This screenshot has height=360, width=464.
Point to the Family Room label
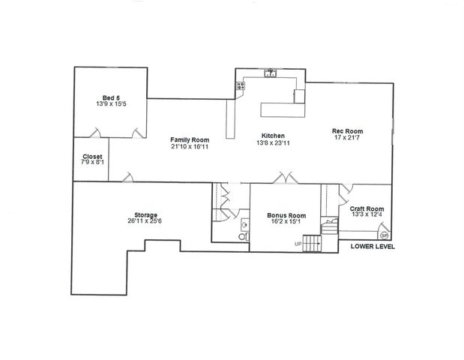pyautogui.click(x=189, y=139)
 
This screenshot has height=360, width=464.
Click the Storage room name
pyautogui.click(x=146, y=214)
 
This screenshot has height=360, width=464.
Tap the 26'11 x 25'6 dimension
pyautogui.click(x=146, y=221)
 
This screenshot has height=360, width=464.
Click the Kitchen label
pyautogui.click(x=273, y=136)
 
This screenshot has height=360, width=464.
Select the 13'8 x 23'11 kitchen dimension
pyautogui.click(x=273, y=142)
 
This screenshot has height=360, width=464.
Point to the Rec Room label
pyautogui.click(x=347, y=132)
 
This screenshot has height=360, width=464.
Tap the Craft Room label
pyautogui.click(x=367, y=208)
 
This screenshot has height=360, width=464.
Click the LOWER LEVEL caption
pyautogui.click(x=373, y=247)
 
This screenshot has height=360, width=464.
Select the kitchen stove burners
pyautogui.click(x=241, y=85)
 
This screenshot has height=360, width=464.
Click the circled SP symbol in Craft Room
pyautogui.click(x=385, y=234)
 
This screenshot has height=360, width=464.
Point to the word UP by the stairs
pyautogui.click(x=298, y=244)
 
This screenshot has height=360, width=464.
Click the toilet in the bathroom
pyautogui.click(x=241, y=235)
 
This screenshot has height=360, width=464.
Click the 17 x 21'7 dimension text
pyautogui.click(x=347, y=139)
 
